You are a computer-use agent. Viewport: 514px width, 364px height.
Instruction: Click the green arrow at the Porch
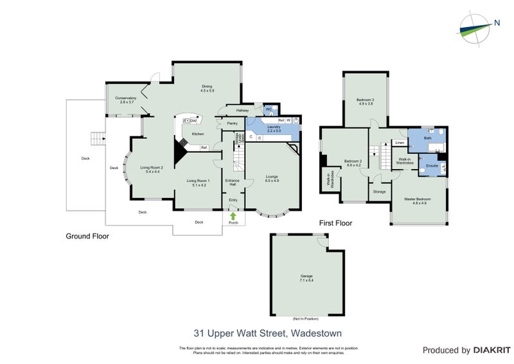(233, 215)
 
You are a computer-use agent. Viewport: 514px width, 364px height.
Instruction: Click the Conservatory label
(126, 100)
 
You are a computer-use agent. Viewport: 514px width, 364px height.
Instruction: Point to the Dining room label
(207, 89)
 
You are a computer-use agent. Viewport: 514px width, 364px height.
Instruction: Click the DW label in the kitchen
(193, 119)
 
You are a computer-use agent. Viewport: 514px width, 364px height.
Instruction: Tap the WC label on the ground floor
(269, 109)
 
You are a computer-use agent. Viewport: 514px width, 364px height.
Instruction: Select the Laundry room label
(274, 128)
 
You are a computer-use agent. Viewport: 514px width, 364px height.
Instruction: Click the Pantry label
(233, 123)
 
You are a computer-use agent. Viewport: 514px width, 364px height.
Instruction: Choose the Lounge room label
(271, 176)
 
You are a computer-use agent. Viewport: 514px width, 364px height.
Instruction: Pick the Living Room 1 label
(199, 182)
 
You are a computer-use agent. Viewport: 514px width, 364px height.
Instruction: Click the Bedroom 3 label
(366, 102)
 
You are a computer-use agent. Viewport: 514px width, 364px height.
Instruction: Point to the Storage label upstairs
(379, 191)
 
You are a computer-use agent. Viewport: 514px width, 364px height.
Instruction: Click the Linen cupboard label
(399, 143)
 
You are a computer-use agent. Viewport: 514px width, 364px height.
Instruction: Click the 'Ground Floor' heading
(87, 236)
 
